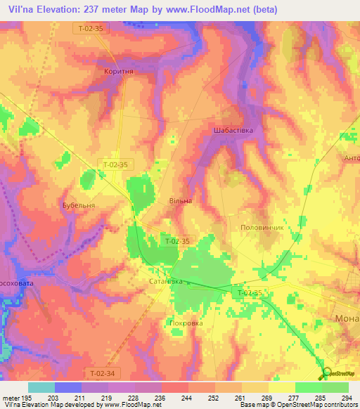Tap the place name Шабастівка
[232, 131]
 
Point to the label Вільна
[180, 201]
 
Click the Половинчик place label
[262, 228]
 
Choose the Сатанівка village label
[166, 281]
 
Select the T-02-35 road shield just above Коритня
[89, 28]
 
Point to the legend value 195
[28, 397]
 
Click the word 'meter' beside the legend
[10, 397]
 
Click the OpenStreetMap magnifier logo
[326, 373]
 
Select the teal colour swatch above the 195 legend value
[41, 387]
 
